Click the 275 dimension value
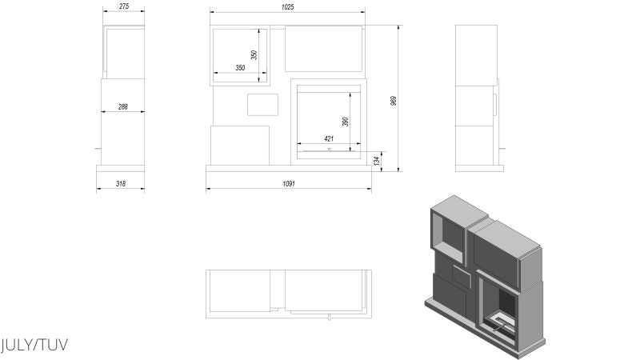(125, 6)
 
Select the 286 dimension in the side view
(123, 106)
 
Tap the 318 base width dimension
(121, 184)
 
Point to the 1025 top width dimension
(287, 7)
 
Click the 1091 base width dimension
(289, 184)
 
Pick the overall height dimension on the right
(394, 101)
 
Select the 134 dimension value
(377, 161)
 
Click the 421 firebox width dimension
(329, 138)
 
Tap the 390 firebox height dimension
(346, 122)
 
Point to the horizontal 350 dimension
(240, 68)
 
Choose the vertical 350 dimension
(254, 55)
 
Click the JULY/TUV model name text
(34, 345)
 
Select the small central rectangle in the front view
(263, 105)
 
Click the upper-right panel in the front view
(324, 49)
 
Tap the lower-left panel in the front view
(240, 146)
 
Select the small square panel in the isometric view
(462, 276)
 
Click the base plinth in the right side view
(479, 168)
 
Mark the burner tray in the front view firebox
(329, 150)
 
